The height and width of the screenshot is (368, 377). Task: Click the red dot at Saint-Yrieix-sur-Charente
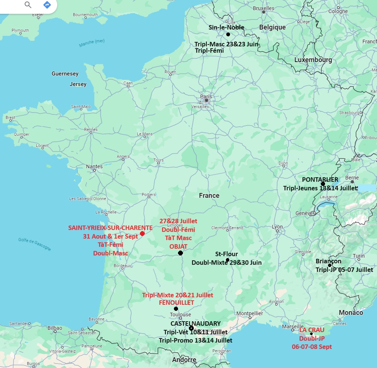pos(142,234)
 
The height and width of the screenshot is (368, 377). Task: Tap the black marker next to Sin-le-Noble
pos(228,34)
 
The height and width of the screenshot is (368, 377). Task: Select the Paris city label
pos(206,96)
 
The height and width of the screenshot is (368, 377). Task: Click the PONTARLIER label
pos(320,180)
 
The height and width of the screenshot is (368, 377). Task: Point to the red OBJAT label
pos(178,246)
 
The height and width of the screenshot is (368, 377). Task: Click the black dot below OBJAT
pos(180,253)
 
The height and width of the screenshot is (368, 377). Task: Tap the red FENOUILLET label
pos(177,303)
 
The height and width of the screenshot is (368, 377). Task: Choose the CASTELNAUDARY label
pos(196,323)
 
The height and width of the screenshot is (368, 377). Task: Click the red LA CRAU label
pos(312,330)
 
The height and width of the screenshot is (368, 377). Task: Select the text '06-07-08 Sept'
pos(312,347)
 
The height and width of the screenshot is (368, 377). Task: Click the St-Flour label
pos(226,254)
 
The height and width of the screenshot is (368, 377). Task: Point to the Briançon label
pos(328,261)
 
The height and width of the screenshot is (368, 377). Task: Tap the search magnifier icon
pos(28,5)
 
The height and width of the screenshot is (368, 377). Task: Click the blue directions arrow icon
pos(47,5)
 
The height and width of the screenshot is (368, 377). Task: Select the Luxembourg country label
pos(313,60)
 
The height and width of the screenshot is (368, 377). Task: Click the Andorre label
pos(184,360)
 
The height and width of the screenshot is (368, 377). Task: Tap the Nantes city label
pos(94,166)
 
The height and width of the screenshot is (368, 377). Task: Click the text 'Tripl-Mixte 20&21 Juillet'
pos(178,295)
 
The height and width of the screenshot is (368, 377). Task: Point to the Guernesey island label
pos(65,74)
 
